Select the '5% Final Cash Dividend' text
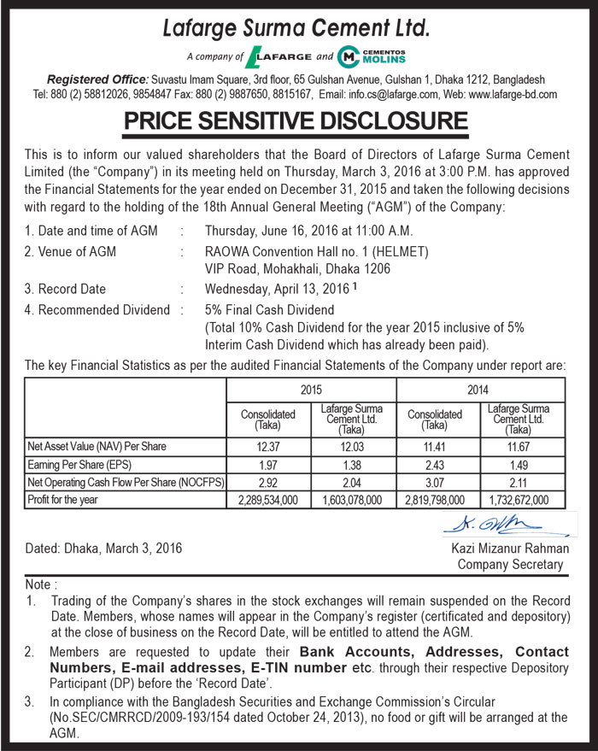(270, 310)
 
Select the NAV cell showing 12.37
(268, 447)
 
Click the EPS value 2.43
(435, 465)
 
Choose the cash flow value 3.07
(435, 483)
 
